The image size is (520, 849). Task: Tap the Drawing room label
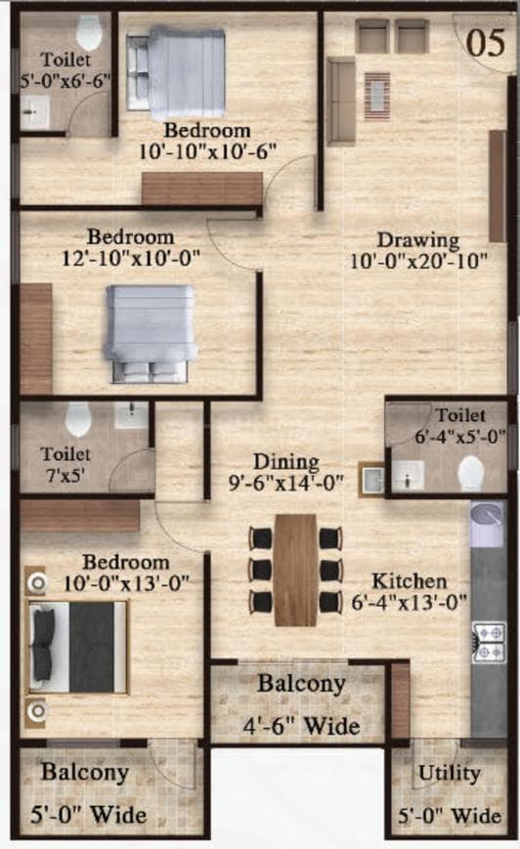pos(418,239)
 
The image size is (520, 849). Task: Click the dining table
pos(295,570)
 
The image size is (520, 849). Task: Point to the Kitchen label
pos(413,581)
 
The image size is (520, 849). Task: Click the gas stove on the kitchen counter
pos(488,641)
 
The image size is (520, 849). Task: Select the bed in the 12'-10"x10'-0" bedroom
pos(152,333)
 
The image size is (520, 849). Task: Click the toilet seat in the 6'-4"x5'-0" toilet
pos(471,472)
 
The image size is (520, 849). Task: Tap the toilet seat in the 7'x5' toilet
pos(78,419)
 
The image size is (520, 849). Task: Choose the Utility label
pos(449,774)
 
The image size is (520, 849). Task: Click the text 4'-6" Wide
pos(301,726)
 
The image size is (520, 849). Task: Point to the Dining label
pos(286,461)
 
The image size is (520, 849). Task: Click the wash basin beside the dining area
pos(371,480)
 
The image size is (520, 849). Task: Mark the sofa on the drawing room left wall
pos(340,101)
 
